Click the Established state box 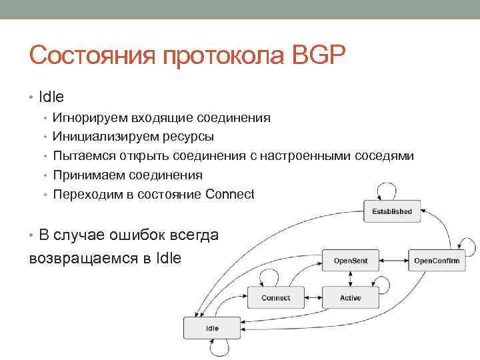point(392,211)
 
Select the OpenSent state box point(350,260)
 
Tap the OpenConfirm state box point(437,260)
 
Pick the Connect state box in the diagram point(275,297)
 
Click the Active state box point(350,297)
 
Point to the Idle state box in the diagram point(212,328)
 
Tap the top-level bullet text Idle point(51,97)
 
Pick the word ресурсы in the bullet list point(190,137)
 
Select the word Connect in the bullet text point(230,195)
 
